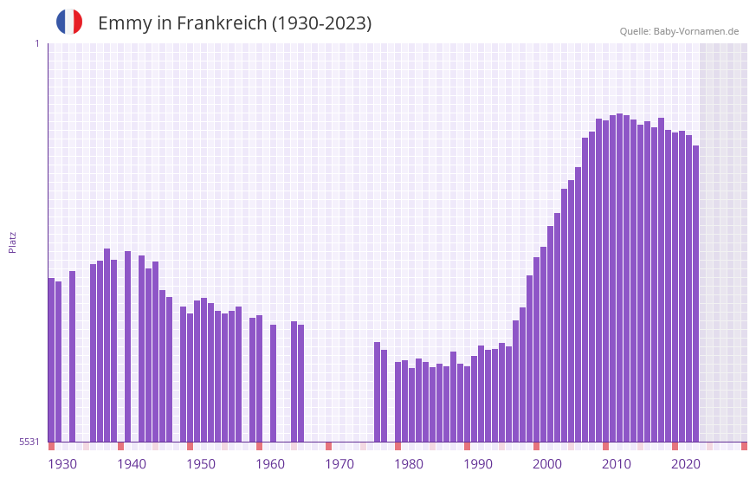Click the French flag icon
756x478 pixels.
click(69, 22)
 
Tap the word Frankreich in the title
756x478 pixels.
click(222, 23)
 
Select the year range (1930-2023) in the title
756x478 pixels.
click(321, 23)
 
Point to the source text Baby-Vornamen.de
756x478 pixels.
click(696, 31)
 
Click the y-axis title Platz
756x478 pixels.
click(12, 242)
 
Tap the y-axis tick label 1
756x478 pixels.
click(36, 43)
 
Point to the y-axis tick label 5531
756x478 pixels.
click(29, 442)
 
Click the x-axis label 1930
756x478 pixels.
click(62, 464)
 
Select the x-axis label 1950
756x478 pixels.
click(201, 464)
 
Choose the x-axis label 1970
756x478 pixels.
click(339, 464)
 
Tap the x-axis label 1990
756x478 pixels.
click(478, 464)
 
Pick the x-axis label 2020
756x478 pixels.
click(686, 464)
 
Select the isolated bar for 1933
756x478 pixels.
click(73, 356)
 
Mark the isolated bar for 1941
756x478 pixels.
click(128, 346)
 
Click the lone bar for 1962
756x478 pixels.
click(274, 383)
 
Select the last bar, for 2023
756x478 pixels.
click(696, 294)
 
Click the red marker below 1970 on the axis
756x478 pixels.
click(329, 446)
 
